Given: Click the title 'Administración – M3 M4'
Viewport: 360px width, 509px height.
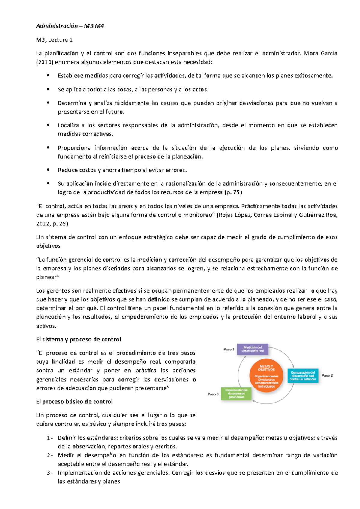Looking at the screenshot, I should (x=70, y=26).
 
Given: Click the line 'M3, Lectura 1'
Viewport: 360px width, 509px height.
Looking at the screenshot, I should (x=54, y=40).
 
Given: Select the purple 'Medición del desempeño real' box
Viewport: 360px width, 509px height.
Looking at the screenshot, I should (x=253, y=349).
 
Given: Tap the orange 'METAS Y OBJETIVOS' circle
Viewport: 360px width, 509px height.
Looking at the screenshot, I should (x=266, y=376).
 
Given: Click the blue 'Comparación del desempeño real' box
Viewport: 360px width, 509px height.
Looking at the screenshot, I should (x=303, y=376).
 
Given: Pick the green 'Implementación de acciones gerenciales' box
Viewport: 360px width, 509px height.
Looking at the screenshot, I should (x=236, y=394).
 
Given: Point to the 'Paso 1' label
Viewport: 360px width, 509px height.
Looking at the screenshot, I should (x=229, y=349).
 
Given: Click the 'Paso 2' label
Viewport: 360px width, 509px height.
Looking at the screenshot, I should (x=327, y=375).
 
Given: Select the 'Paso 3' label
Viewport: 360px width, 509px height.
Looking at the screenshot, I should (x=213, y=394).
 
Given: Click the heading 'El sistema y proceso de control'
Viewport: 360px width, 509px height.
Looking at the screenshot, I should (x=79, y=339).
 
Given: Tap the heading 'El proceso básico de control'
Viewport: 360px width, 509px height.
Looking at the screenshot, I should (x=74, y=402).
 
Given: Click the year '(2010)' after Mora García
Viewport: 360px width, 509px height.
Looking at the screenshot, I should (x=45, y=62).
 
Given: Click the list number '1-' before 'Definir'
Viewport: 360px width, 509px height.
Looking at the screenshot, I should (x=50, y=438).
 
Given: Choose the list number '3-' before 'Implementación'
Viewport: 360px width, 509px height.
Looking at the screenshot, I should (x=50, y=473).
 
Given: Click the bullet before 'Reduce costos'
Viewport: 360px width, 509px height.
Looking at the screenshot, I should (x=48, y=170).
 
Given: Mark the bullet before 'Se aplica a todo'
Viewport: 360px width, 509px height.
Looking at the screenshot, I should (x=48, y=89).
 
